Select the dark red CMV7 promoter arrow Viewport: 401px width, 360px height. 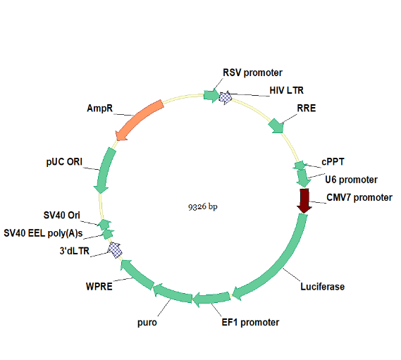point(304,201)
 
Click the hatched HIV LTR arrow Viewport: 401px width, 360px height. point(226,97)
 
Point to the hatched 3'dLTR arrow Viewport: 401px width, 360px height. point(115,250)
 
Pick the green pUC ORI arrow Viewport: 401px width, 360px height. point(104,170)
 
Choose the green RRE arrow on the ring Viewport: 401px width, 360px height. point(276,126)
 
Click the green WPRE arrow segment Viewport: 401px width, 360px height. point(136,274)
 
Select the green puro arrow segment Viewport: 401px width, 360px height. point(172,293)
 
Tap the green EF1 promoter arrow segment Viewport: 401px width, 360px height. point(211,299)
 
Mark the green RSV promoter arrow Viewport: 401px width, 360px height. point(211,96)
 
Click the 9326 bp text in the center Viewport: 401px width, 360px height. point(203,206)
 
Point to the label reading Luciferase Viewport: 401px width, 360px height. point(323,287)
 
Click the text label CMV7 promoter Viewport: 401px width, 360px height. point(359,198)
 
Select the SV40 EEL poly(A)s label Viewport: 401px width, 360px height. point(43,233)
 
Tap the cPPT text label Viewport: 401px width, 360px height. point(333,162)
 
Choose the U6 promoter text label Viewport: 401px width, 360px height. point(351,180)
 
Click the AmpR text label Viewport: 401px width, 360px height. point(100,108)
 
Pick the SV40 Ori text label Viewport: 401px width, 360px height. point(61,216)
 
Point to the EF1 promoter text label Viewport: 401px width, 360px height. point(250,323)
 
